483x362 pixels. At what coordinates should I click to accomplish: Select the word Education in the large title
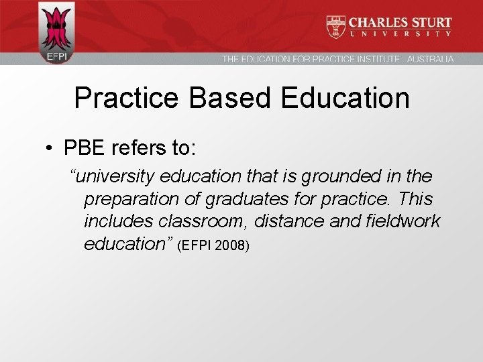click(345, 98)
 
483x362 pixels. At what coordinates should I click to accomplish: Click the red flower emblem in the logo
click(56, 27)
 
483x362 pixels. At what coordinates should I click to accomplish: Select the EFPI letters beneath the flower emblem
click(56, 57)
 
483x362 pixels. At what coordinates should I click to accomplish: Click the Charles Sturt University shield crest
click(336, 26)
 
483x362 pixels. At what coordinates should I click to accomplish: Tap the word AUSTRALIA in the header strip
click(430, 59)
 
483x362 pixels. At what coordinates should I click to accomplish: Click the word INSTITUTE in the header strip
click(376, 59)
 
